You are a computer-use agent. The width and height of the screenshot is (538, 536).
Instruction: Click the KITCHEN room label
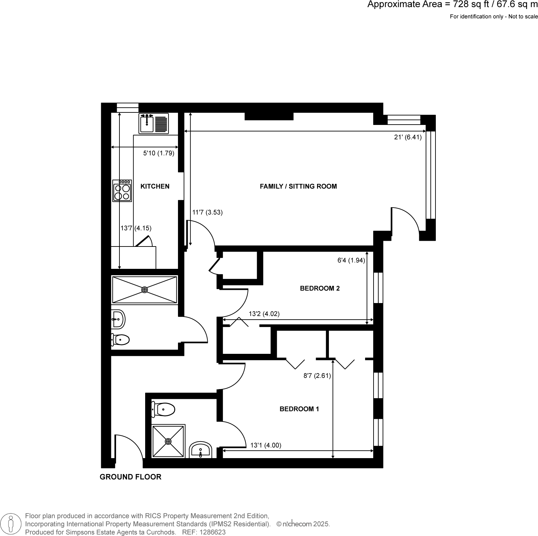tap(155, 187)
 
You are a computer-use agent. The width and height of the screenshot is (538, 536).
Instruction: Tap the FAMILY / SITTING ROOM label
tap(298, 187)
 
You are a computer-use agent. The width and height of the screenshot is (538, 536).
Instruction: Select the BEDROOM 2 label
tap(320, 288)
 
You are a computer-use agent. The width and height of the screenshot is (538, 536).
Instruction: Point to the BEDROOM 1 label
tap(299, 409)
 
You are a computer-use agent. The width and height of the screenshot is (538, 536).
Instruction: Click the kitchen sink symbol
tap(153, 124)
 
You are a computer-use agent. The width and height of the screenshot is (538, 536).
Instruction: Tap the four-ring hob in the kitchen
tap(122, 191)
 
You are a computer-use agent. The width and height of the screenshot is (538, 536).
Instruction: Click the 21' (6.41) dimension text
tap(408, 137)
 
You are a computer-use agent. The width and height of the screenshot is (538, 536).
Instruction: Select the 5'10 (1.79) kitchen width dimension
tap(159, 153)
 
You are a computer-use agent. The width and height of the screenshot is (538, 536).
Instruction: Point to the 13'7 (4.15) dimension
tap(136, 229)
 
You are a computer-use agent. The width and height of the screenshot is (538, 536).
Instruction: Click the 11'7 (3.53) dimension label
tap(207, 213)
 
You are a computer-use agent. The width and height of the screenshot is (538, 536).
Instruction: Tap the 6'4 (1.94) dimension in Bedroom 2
tap(351, 261)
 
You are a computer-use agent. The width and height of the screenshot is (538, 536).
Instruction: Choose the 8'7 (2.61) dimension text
tap(317, 376)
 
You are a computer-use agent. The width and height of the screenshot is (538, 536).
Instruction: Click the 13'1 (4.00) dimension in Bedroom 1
tap(266, 446)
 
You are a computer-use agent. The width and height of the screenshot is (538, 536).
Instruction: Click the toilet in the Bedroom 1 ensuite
tap(164, 409)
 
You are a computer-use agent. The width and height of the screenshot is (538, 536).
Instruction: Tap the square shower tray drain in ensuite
tap(169, 441)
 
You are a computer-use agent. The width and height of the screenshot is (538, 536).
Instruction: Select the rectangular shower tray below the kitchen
tap(144, 290)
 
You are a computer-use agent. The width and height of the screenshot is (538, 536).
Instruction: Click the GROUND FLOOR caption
tap(130, 477)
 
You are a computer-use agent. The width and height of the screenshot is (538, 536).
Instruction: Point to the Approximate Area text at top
tap(452, 5)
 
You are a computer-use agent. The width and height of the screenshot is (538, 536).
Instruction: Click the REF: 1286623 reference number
tap(204, 532)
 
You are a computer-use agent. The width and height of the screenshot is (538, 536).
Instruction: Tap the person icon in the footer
tap(11, 523)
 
